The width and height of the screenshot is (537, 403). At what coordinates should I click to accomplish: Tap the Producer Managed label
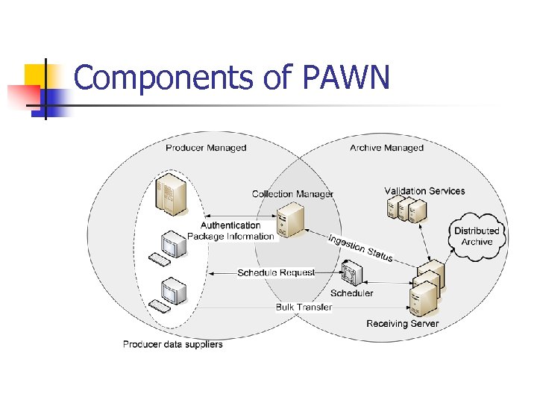(x=206, y=148)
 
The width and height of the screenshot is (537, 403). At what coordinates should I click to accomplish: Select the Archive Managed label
(x=386, y=148)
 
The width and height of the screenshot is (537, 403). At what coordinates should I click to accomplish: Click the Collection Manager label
(x=292, y=194)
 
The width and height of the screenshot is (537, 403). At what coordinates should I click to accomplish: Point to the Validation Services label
(x=424, y=191)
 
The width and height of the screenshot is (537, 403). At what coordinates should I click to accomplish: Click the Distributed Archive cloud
(x=477, y=237)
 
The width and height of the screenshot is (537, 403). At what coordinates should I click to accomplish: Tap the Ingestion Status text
(x=360, y=248)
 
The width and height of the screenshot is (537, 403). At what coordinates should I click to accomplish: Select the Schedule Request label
(x=276, y=273)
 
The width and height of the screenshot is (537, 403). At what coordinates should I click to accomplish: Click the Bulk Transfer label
(x=304, y=307)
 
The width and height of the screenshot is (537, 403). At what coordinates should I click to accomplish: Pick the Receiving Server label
(x=403, y=324)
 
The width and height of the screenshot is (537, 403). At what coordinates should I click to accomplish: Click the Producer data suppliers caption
(x=172, y=344)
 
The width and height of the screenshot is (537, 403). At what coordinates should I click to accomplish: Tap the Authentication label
(x=230, y=225)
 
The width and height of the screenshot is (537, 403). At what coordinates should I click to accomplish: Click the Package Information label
(x=230, y=237)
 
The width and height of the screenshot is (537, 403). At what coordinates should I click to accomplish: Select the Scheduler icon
(x=351, y=273)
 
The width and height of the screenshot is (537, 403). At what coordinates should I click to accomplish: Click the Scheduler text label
(x=352, y=293)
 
